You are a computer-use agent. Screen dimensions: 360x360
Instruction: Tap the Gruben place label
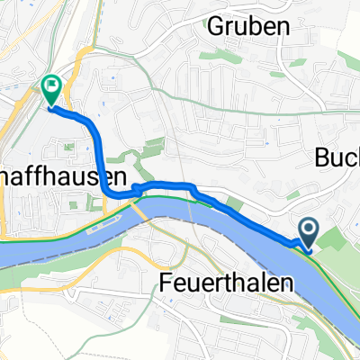[248, 27]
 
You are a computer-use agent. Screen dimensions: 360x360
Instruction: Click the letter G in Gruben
[217, 27]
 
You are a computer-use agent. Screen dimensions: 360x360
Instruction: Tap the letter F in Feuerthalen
[166, 282]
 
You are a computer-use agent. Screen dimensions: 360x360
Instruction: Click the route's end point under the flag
[50, 107]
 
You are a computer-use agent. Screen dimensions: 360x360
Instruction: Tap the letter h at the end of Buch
[354, 158]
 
